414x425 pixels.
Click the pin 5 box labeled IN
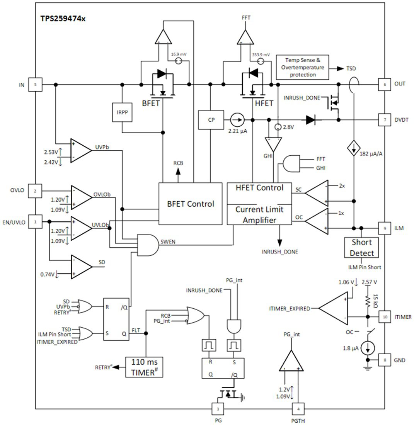[36, 84]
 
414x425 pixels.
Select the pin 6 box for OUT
[384, 84]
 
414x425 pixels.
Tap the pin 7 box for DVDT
[384, 120]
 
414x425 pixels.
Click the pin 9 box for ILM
[384, 228]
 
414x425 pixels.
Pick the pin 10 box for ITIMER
[384, 317]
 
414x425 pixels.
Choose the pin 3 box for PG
[218, 408]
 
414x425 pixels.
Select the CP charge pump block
[211, 120]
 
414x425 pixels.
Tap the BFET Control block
[190, 204]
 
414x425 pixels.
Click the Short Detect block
[361, 248]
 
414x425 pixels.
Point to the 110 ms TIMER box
[144, 367]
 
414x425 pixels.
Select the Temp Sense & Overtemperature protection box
[302, 67]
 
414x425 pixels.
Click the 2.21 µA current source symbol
[238, 120]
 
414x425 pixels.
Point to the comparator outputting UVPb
[80, 150]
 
